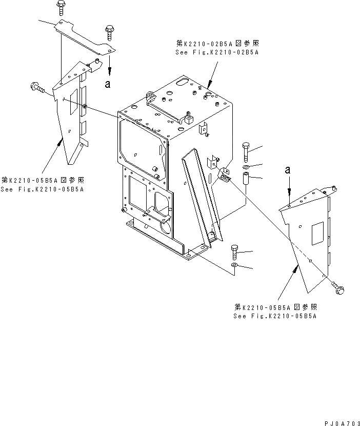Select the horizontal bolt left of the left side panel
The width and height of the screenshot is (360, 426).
click(x=38, y=88)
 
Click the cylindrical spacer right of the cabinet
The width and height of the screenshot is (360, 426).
click(x=246, y=180)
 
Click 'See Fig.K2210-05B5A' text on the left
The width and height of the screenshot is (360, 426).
click(x=43, y=189)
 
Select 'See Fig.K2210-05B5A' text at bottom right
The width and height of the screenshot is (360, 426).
click(x=275, y=316)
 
